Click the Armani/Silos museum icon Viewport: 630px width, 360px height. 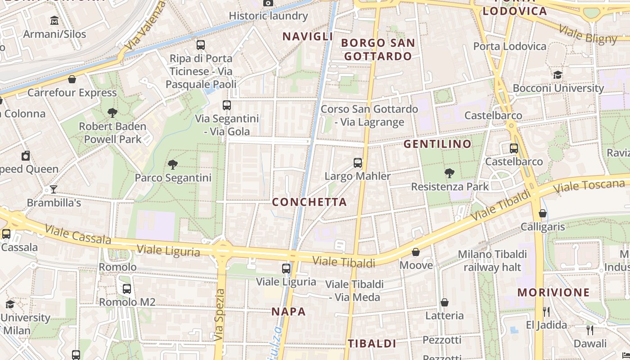coord(54,21)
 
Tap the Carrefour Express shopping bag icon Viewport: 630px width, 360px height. coord(72,80)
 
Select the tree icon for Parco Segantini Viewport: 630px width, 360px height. coord(172,165)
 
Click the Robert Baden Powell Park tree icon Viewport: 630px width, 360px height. coord(112,113)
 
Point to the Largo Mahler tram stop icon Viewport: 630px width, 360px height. coord(358,163)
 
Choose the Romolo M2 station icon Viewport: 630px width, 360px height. coord(127,289)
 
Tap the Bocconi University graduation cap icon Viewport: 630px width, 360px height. coord(558,75)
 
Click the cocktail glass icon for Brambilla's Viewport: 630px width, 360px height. coord(54,189)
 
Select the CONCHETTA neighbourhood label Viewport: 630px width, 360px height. coord(309,202)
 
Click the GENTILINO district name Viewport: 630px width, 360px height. coord(437,144)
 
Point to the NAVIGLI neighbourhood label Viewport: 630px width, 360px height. coord(308,36)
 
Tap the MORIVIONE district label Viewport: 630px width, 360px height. coord(553,292)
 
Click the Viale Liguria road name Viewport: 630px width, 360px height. coord(168,250)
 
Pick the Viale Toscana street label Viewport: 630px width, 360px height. coord(589,185)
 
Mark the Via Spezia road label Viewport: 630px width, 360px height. coord(219,315)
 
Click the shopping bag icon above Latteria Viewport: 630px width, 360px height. coord(445,302)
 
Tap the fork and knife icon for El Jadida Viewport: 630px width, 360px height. coord(546,311)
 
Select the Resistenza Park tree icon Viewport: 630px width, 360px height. coord(449,173)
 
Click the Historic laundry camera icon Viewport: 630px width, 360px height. coord(268,3)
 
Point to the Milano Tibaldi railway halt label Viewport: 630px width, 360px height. coord(492,261)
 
